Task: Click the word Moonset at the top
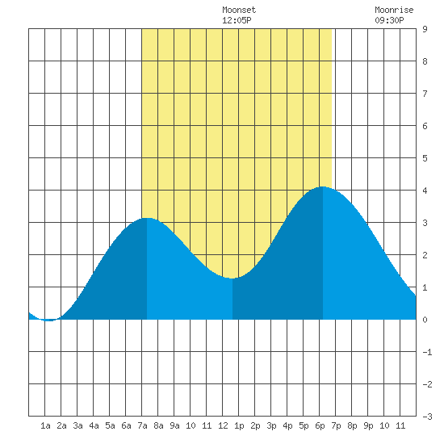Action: tap(239, 10)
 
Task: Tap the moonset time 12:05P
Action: tap(237, 20)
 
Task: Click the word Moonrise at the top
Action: tap(394, 10)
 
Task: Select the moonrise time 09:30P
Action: tap(389, 20)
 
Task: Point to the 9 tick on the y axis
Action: tap(425, 29)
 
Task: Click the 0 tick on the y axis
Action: tap(425, 320)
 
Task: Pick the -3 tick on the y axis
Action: tap(427, 417)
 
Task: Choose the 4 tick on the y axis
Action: tap(425, 191)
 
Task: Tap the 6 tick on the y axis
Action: tap(425, 126)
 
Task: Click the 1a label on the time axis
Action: tap(45, 425)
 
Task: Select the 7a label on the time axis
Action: tap(142, 425)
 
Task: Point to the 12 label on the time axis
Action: tap(223, 425)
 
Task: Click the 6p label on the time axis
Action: tap(320, 425)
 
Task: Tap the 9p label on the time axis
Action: tap(368, 425)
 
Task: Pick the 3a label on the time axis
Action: tap(77, 425)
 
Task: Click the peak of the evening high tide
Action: tap(323, 187)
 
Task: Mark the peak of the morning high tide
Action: tap(147, 218)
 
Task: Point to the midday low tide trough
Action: tap(232, 278)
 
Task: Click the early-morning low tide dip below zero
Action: tap(49, 320)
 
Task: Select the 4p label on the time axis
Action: tap(287, 425)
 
